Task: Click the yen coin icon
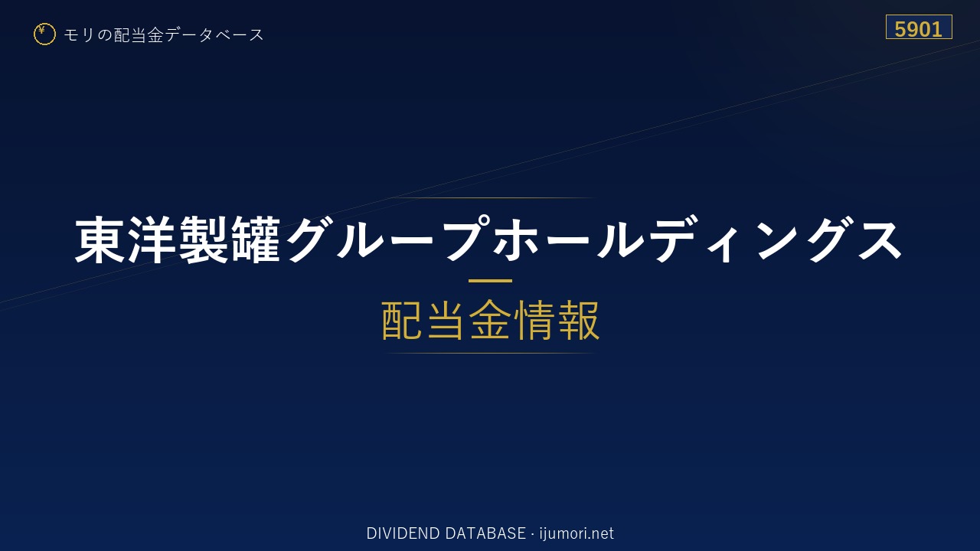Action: point(44,34)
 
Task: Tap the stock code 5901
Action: point(918,29)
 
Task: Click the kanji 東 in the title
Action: point(100,240)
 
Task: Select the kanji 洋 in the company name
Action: point(152,240)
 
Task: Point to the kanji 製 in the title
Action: point(204,240)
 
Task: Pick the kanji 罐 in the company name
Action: point(256,240)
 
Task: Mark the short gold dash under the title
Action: point(490,281)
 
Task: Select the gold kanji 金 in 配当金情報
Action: point(490,320)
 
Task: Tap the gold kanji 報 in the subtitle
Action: point(578,320)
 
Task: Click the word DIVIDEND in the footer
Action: point(403,533)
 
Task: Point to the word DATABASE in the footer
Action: point(485,533)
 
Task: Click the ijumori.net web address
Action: point(577,533)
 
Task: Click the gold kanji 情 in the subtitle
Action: point(534,320)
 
